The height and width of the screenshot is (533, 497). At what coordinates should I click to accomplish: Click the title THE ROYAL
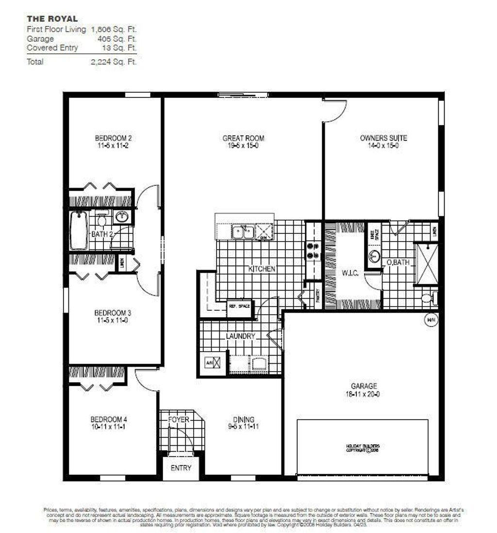(52, 19)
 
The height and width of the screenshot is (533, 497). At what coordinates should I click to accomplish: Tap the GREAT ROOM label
(243, 138)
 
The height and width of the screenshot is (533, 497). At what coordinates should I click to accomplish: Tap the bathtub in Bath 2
(78, 231)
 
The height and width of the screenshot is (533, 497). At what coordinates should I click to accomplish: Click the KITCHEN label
(262, 269)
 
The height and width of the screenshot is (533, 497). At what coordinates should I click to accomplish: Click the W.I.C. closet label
(349, 274)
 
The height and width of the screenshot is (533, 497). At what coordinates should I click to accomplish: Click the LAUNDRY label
(240, 336)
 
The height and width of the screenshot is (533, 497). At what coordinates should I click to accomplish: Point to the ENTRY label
(181, 468)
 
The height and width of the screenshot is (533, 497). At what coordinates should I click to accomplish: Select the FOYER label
(179, 420)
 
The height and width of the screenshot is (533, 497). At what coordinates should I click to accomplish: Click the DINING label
(243, 420)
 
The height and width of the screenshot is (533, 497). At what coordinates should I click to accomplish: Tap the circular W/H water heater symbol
(430, 320)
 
